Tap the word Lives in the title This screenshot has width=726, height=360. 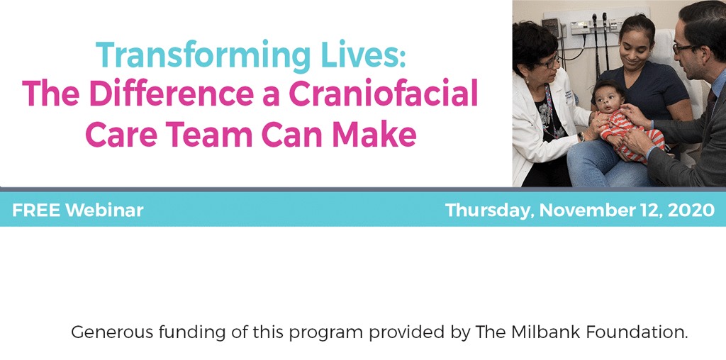click(x=369, y=56)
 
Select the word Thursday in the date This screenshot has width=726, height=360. click(x=490, y=210)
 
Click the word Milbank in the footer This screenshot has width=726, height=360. click(x=548, y=332)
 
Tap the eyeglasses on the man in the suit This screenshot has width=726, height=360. click(x=683, y=47)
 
